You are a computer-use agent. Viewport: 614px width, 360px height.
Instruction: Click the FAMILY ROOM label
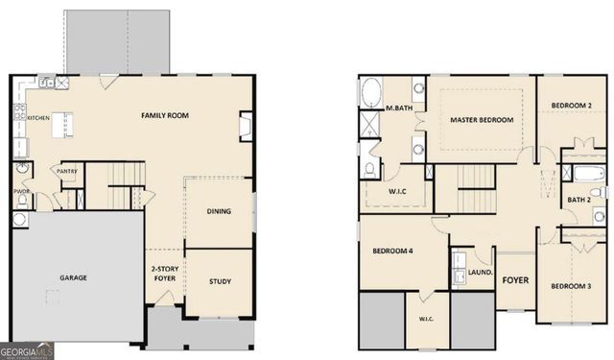coord(165,115)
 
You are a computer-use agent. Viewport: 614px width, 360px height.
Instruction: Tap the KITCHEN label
coord(38,118)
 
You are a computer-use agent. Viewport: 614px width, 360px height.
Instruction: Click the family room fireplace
coord(247,126)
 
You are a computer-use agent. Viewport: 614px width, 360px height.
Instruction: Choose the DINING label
coord(219,211)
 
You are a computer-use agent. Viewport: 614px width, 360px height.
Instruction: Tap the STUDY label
coord(219,281)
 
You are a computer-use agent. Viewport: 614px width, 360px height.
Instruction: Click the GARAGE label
coord(73,277)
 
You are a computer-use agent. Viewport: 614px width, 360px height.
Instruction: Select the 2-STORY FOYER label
coord(163,274)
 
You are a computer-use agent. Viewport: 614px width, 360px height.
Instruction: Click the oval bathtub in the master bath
coord(370,93)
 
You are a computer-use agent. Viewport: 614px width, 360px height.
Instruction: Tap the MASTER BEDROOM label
coord(482,120)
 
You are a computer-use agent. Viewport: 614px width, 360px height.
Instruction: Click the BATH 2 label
coord(578,200)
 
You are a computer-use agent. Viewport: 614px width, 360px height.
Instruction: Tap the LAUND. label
coord(480,273)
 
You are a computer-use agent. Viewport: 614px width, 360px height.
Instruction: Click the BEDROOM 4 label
coord(392,252)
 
